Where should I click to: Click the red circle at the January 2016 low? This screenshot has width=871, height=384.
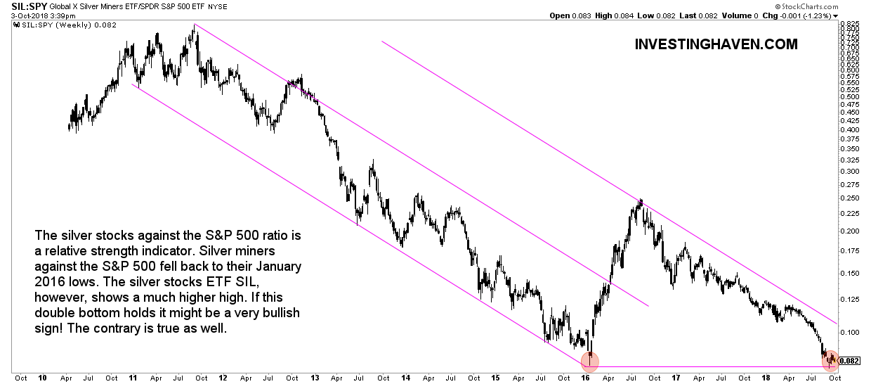[x=591, y=361]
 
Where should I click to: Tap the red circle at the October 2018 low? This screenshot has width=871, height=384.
[x=831, y=360]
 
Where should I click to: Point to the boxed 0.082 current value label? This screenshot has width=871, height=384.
[x=849, y=361]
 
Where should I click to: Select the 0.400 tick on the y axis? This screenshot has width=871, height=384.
[x=850, y=129]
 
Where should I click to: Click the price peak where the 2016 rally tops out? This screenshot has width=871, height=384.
[x=641, y=201]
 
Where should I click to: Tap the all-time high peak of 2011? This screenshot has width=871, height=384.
[x=194, y=26]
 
